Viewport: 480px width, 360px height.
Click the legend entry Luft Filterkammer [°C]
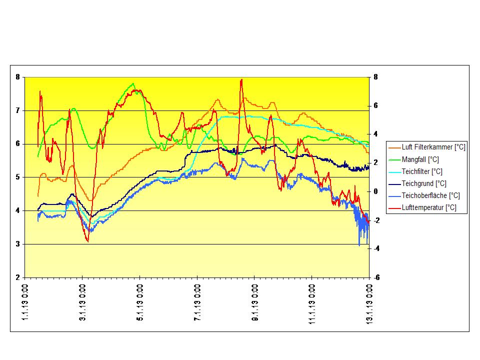click(433, 147)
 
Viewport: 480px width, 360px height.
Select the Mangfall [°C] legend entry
click(420, 159)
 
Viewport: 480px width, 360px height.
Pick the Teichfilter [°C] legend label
click(421, 171)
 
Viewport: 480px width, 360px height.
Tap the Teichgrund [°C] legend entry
click(423, 183)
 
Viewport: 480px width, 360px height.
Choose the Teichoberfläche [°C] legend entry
click(430, 195)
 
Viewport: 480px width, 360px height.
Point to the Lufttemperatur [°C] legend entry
click(428, 208)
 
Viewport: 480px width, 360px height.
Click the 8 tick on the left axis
click(17, 77)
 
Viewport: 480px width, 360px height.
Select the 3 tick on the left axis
click(17, 244)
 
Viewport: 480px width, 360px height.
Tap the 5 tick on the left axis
click(17, 177)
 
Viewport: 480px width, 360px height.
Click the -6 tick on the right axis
click(375, 277)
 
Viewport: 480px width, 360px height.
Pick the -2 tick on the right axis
click(375, 220)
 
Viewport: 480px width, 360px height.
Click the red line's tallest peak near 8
click(241, 79)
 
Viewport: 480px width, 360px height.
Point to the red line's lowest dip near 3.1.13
click(88, 241)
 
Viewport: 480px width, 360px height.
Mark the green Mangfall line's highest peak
click(133, 83)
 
